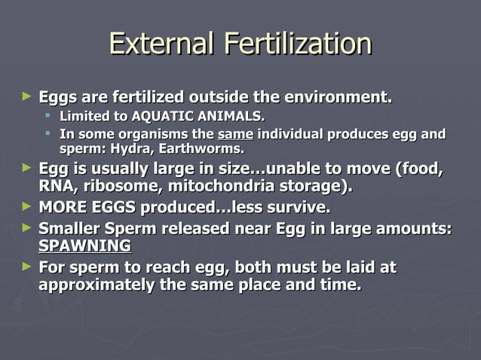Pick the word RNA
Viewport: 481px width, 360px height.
coord(54,185)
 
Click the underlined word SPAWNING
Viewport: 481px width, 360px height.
coord(84,246)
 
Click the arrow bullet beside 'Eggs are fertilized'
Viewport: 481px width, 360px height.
coord(28,96)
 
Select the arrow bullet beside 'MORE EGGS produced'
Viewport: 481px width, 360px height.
coord(28,206)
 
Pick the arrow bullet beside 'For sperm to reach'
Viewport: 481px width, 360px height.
coord(28,267)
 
